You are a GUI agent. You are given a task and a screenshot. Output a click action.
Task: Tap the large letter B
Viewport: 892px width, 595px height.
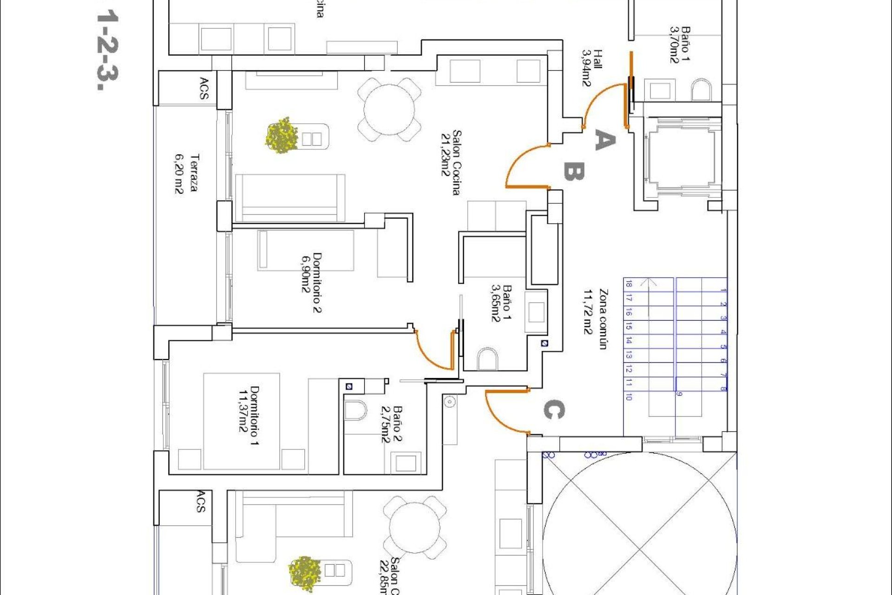pyautogui.click(x=574, y=172)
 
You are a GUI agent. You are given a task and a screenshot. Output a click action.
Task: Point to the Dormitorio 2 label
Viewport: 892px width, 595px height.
pyautogui.click(x=311, y=283)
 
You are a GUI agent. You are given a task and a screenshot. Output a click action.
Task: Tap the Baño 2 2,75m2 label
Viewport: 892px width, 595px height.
pyautogui.click(x=391, y=424)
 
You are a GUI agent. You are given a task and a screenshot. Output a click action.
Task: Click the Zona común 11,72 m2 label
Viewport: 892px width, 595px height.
pyautogui.click(x=596, y=318)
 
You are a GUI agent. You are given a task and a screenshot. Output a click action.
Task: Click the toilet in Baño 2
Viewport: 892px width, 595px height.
pyautogui.click(x=355, y=410)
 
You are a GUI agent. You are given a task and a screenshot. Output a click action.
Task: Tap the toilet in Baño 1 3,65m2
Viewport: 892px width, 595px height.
pyautogui.click(x=487, y=359)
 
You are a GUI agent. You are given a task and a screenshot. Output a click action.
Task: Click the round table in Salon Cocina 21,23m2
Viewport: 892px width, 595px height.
pyautogui.click(x=389, y=110)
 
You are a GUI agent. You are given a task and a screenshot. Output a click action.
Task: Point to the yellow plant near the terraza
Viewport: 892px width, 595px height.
pyautogui.click(x=282, y=135)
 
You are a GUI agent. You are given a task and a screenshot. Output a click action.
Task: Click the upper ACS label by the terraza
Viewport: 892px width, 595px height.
pyautogui.click(x=204, y=88)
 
